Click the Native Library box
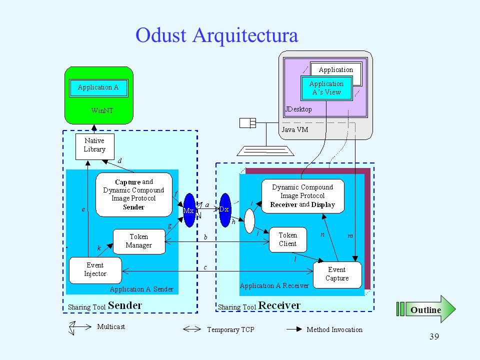95,146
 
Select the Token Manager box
139,241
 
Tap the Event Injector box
95,270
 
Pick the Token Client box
288,239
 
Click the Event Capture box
337,274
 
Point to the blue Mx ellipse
189,210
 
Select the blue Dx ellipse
225,210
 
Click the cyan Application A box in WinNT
98,88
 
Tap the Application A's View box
326,88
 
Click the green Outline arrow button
426,309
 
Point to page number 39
434,336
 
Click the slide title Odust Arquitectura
216,35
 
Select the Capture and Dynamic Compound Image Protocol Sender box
134,194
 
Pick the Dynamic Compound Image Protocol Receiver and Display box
303,196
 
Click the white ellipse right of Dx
249,221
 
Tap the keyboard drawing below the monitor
265,151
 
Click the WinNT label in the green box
102,110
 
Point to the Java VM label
295,130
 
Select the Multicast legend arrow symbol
80,328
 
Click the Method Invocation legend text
334,329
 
